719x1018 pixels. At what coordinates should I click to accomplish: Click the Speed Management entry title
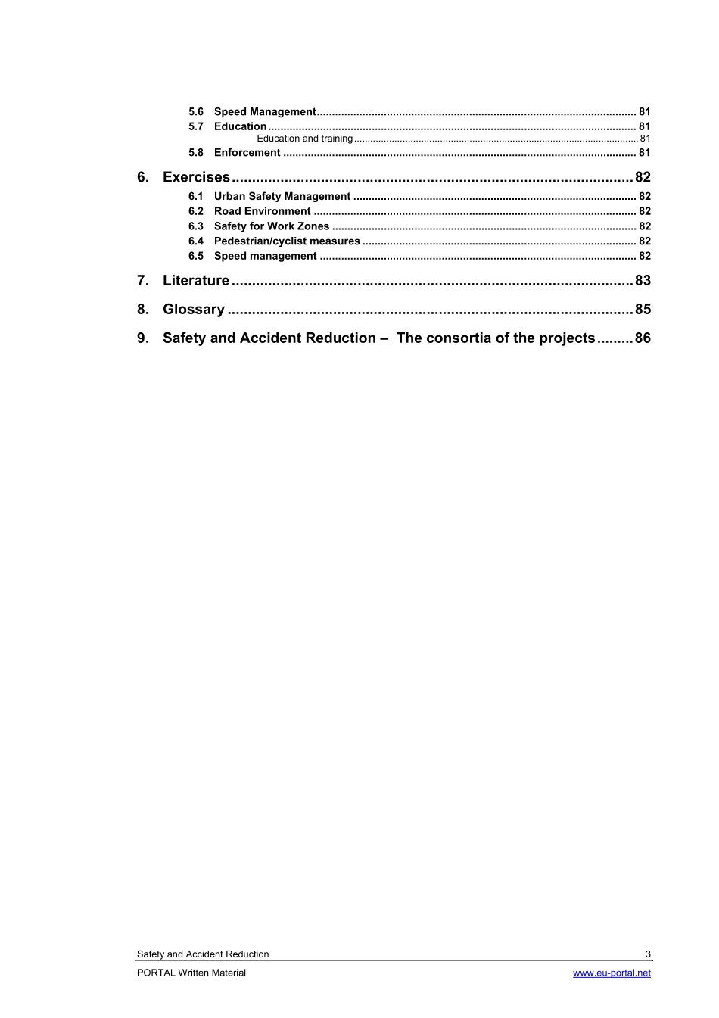click(264, 112)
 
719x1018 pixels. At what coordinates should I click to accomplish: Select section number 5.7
click(196, 127)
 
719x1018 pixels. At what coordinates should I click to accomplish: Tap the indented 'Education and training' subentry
click(304, 139)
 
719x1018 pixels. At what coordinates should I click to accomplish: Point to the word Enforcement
click(247, 153)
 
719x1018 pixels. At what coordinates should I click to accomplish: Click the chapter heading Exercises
click(196, 177)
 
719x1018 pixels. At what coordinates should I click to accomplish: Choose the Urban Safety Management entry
click(282, 197)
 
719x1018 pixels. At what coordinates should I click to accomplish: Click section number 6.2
click(196, 212)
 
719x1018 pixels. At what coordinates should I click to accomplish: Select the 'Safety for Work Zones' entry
click(271, 226)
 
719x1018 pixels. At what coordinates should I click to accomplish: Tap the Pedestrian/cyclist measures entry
click(287, 241)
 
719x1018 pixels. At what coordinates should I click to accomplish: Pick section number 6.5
click(196, 257)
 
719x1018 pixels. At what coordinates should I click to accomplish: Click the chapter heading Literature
click(195, 281)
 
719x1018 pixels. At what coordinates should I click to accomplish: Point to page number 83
click(643, 281)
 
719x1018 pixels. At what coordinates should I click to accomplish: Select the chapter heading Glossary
click(193, 310)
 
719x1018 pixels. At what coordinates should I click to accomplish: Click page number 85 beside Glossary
click(643, 310)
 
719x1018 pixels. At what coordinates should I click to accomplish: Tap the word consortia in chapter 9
click(459, 338)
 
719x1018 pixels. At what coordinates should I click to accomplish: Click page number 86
click(643, 338)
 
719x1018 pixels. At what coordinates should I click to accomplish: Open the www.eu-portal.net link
click(612, 973)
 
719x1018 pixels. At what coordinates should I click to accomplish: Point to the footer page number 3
click(648, 954)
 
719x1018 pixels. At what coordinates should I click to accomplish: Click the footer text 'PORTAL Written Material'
click(191, 973)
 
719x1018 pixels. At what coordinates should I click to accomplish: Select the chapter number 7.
click(142, 281)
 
